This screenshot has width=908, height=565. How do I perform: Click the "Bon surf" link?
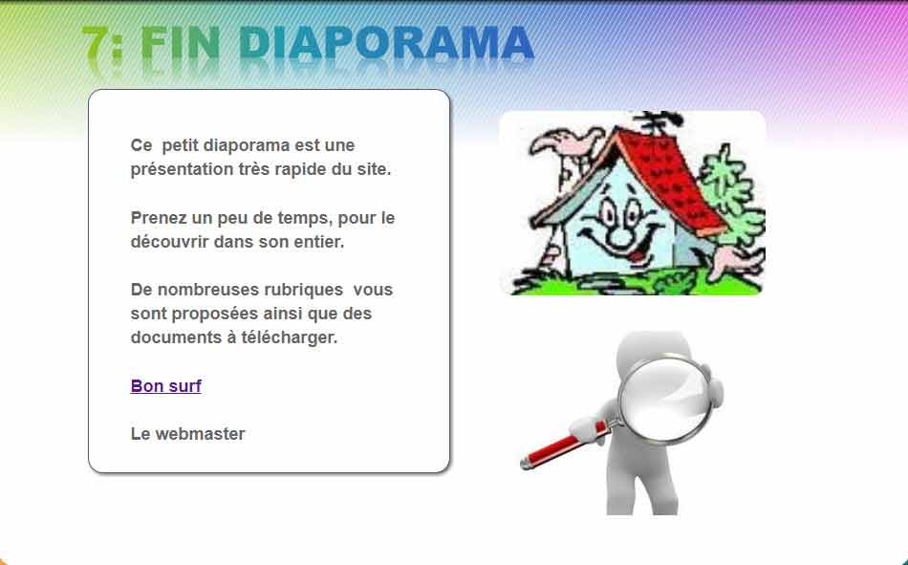pos(165,386)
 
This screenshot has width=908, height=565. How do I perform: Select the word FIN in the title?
pos(184,44)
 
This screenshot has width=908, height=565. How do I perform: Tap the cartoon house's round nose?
pos(622,232)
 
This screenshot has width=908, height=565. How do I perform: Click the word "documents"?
pos(173,337)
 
